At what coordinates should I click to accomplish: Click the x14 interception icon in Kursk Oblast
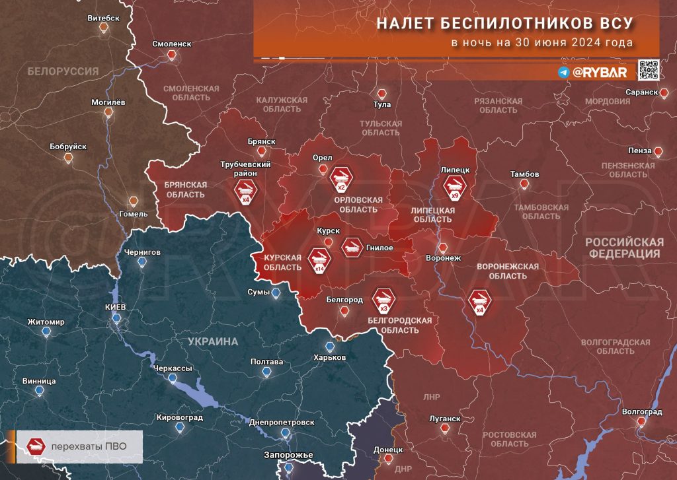(x=320, y=259)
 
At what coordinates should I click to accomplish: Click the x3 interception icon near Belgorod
(x=383, y=300)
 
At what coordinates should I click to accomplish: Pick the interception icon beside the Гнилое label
(x=352, y=247)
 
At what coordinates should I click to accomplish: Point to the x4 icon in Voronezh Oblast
(x=480, y=301)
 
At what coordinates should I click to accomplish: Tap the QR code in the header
(x=648, y=70)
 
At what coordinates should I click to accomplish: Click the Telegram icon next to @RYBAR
(x=563, y=73)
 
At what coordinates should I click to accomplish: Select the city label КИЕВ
(x=115, y=308)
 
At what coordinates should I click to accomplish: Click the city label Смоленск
(x=171, y=44)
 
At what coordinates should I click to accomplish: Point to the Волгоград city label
(x=641, y=412)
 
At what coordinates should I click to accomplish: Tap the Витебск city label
(x=103, y=18)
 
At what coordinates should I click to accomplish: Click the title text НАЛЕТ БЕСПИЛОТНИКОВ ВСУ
(x=504, y=23)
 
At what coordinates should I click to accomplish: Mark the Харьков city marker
(x=330, y=347)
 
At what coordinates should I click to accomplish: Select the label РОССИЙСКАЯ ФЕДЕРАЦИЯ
(x=623, y=248)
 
